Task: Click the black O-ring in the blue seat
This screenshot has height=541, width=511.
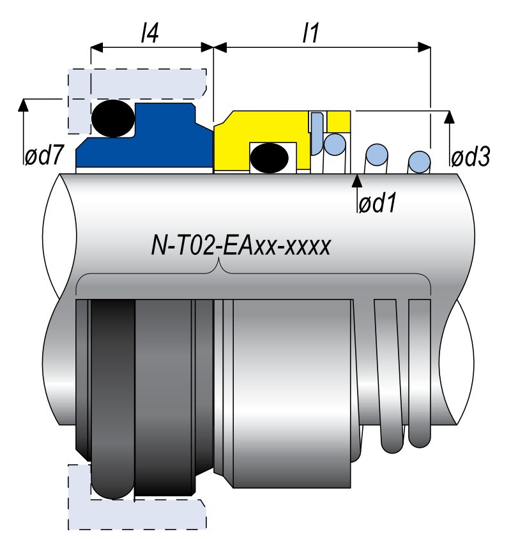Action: pos(112,118)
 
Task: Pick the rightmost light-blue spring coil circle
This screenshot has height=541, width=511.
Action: pos(419,160)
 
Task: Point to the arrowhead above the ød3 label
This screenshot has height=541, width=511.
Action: pos(450,117)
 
